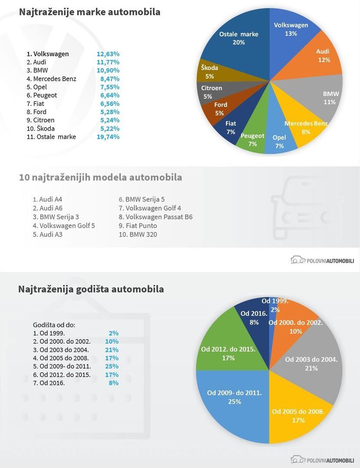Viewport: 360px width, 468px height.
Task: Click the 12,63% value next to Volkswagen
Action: point(108,54)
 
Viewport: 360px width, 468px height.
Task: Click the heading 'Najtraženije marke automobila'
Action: point(89,12)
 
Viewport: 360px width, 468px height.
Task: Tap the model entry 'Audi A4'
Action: point(48,199)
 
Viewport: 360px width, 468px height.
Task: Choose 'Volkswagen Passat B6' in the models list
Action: point(156,217)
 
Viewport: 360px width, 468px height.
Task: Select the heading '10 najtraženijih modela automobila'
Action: point(101,177)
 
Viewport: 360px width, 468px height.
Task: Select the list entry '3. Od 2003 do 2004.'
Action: point(61,349)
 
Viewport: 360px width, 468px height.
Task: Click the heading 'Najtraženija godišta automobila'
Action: point(91,289)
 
